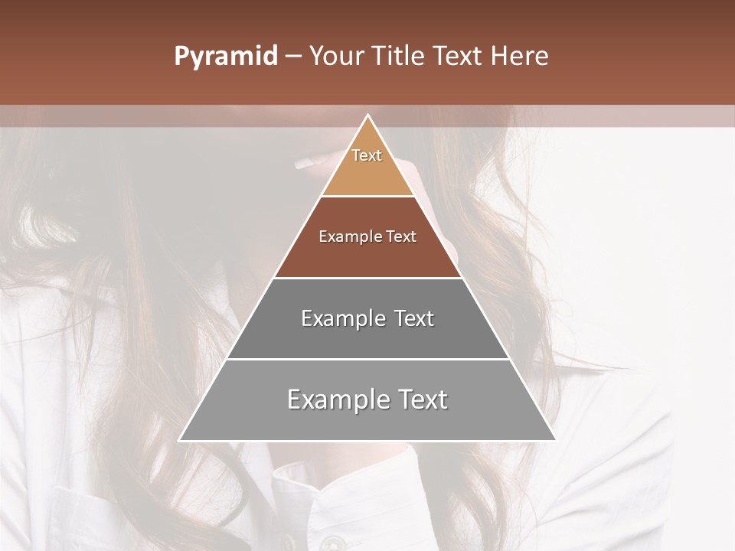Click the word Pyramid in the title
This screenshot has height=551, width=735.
tap(226, 57)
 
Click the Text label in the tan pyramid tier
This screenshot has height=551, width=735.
tap(367, 155)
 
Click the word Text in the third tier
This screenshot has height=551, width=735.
tap(414, 318)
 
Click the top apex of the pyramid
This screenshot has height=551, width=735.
tap(368, 116)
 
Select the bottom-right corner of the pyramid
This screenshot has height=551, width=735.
tap(555, 440)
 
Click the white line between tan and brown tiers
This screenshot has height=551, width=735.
tap(368, 197)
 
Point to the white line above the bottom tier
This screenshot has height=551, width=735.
tap(368, 359)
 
